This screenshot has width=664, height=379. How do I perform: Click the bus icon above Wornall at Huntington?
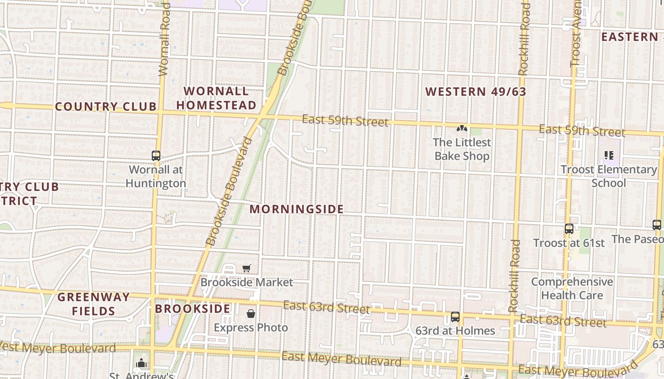click(x=156, y=155)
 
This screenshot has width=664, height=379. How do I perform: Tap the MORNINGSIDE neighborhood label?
click(x=296, y=209)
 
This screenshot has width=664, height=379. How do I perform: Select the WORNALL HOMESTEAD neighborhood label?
click(x=216, y=98)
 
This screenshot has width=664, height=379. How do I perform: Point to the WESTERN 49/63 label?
click(x=476, y=91)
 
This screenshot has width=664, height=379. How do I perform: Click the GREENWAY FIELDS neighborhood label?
click(x=93, y=304)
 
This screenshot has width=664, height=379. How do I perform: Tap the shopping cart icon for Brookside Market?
click(x=246, y=269)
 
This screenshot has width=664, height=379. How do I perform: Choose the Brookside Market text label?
click(x=247, y=282)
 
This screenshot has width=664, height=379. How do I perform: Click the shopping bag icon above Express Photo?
click(x=250, y=314)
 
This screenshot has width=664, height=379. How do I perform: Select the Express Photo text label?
click(x=250, y=327)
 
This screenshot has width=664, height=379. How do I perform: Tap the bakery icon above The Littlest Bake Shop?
click(x=461, y=128)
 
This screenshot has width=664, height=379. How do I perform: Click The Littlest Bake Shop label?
click(x=462, y=149)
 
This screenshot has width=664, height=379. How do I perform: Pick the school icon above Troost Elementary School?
click(x=609, y=155)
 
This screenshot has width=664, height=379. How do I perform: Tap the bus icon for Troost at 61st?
click(x=569, y=229)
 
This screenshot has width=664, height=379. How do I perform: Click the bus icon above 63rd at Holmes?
click(x=455, y=316)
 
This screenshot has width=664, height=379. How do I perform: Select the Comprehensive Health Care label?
click(x=572, y=289)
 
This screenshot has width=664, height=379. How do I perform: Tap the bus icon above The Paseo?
click(x=657, y=225)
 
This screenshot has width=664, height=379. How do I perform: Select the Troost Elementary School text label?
click(x=609, y=176)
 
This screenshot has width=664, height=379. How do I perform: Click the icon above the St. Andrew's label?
click(x=141, y=363)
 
